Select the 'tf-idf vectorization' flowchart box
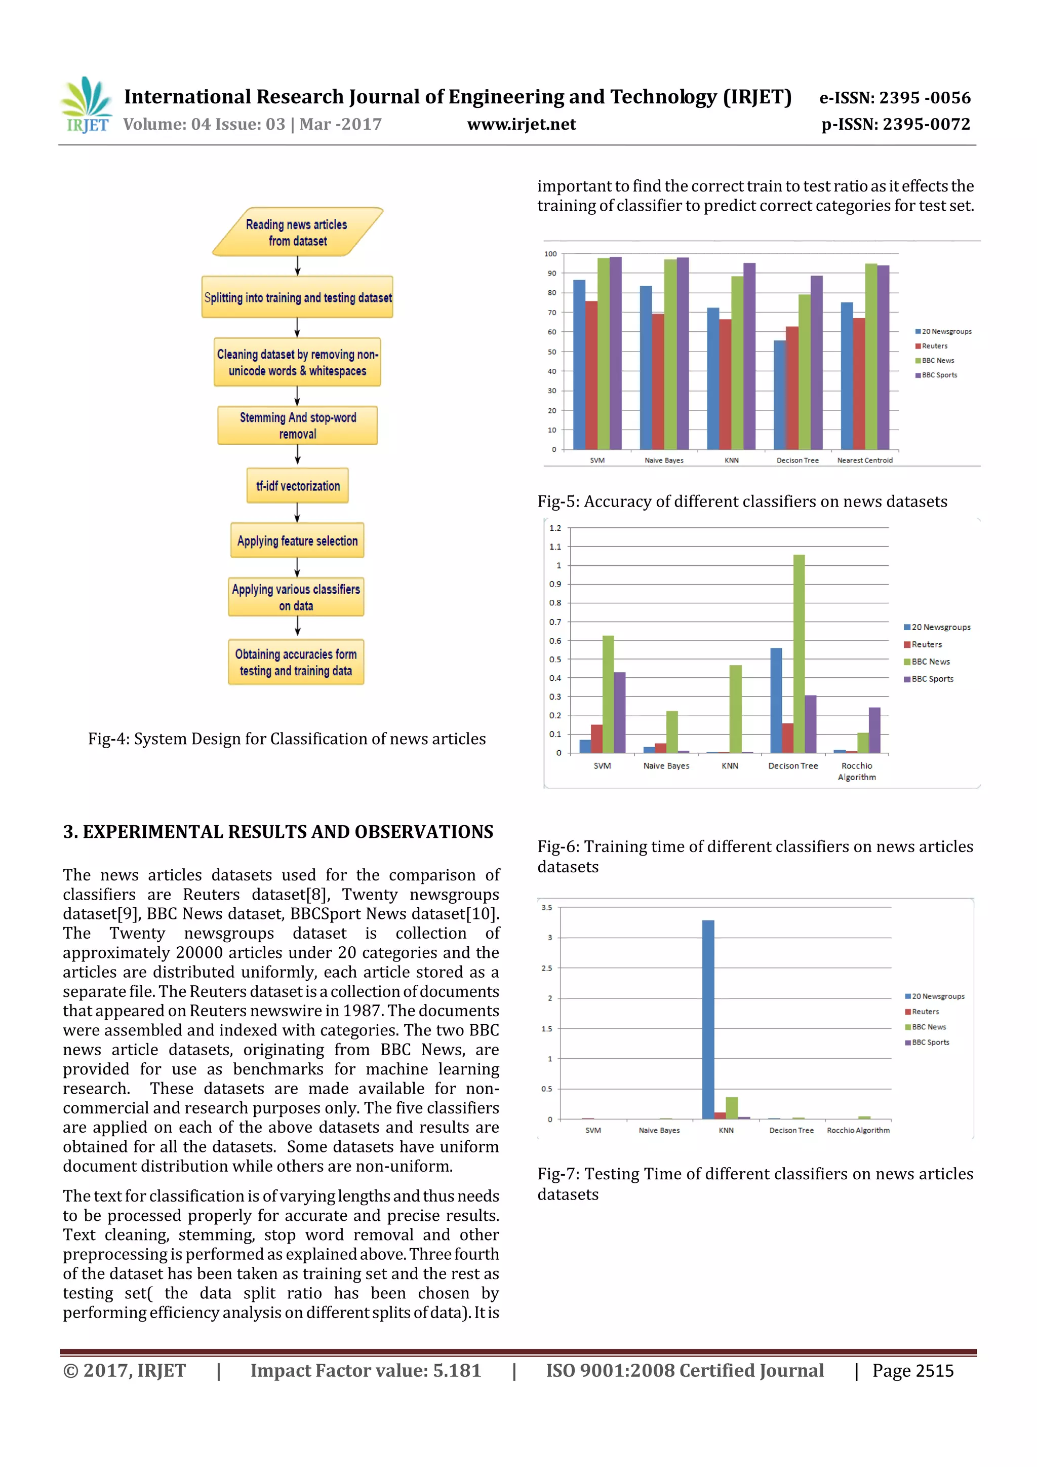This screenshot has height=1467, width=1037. (x=298, y=486)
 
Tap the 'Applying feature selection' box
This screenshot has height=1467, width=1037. (x=298, y=541)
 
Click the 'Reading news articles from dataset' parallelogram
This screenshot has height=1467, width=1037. (x=298, y=232)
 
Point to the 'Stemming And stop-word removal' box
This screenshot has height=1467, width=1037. (x=298, y=426)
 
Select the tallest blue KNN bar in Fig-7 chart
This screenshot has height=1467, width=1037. (x=708, y=1019)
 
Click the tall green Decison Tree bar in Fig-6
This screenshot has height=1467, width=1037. (x=799, y=653)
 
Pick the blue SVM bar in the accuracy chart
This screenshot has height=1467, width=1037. (x=579, y=364)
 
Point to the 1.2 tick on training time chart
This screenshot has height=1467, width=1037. (x=555, y=528)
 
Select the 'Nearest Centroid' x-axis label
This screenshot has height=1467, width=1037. (x=865, y=460)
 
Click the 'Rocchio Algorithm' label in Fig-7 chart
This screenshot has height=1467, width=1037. (x=858, y=1130)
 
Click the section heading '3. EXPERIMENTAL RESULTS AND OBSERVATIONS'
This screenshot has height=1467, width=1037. (x=278, y=831)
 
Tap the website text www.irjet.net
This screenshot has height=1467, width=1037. (x=521, y=124)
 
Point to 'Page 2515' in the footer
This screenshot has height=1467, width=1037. (x=912, y=1371)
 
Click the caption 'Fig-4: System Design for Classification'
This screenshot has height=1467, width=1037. (x=287, y=739)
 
